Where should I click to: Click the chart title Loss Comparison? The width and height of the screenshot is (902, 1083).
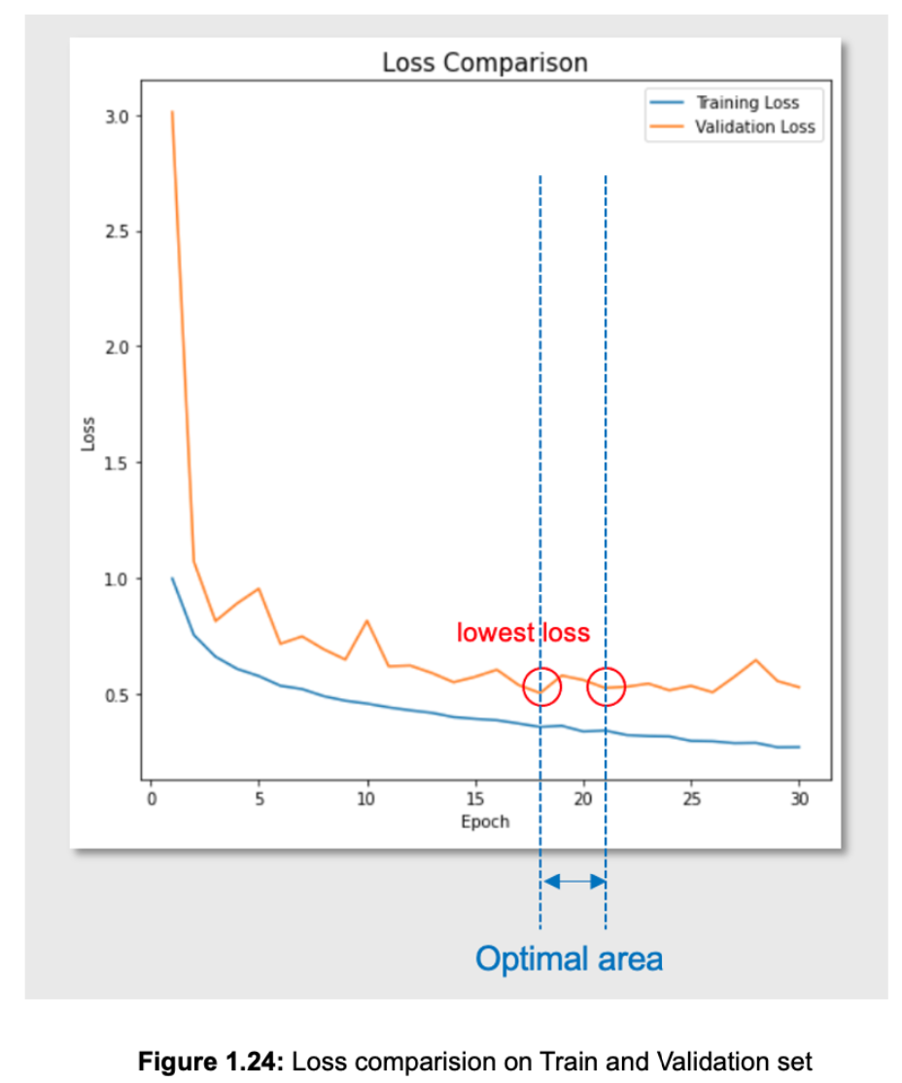point(484,63)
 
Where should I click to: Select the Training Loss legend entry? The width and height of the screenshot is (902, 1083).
point(746,102)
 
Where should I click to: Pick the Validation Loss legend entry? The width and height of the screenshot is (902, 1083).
point(754,126)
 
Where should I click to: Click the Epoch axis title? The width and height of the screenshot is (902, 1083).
point(484,821)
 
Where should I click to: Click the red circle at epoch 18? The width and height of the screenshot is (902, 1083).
point(541,686)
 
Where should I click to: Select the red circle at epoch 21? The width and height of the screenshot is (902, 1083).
point(606,687)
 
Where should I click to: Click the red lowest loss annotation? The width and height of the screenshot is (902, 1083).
point(523,633)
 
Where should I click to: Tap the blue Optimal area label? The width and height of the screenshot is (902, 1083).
point(569,959)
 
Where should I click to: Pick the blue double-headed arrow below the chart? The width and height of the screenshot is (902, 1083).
point(573,882)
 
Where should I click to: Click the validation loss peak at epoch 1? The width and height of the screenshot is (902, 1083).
point(172,112)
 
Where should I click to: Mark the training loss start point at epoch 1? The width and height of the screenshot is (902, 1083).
point(172,578)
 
